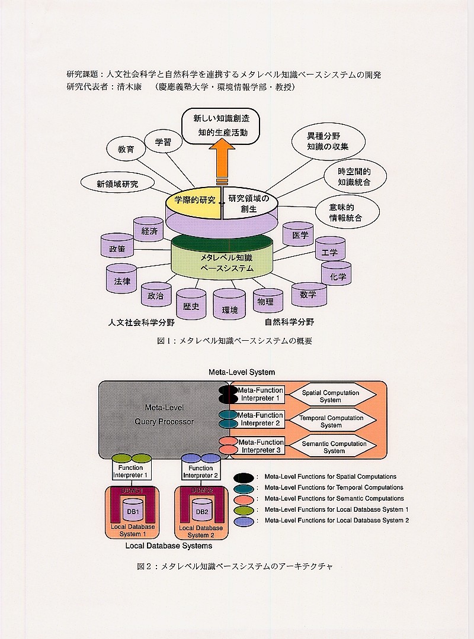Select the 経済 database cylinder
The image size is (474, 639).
[x=149, y=231]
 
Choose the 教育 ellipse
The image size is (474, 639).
[x=126, y=149]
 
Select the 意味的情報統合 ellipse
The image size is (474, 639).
[x=345, y=212]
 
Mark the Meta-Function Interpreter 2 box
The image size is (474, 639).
[x=261, y=419]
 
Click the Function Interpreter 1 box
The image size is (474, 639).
[x=131, y=472]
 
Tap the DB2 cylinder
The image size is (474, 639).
[x=201, y=510]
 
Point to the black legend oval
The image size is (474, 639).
[x=244, y=477]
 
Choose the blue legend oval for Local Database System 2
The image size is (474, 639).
[x=244, y=521]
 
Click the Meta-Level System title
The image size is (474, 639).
[x=242, y=372]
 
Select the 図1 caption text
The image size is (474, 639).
[x=234, y=341]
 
